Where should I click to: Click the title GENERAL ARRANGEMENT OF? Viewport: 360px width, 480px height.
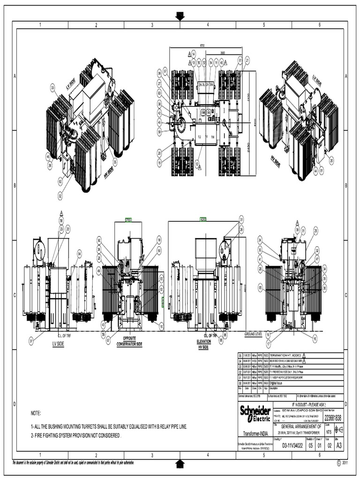300,427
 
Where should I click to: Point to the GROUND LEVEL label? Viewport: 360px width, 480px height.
253,334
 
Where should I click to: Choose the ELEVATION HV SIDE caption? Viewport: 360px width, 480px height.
204,344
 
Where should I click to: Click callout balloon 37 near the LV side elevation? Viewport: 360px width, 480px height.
31,341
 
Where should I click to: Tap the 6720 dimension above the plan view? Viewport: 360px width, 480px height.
202,45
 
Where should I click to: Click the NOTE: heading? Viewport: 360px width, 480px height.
36,413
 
